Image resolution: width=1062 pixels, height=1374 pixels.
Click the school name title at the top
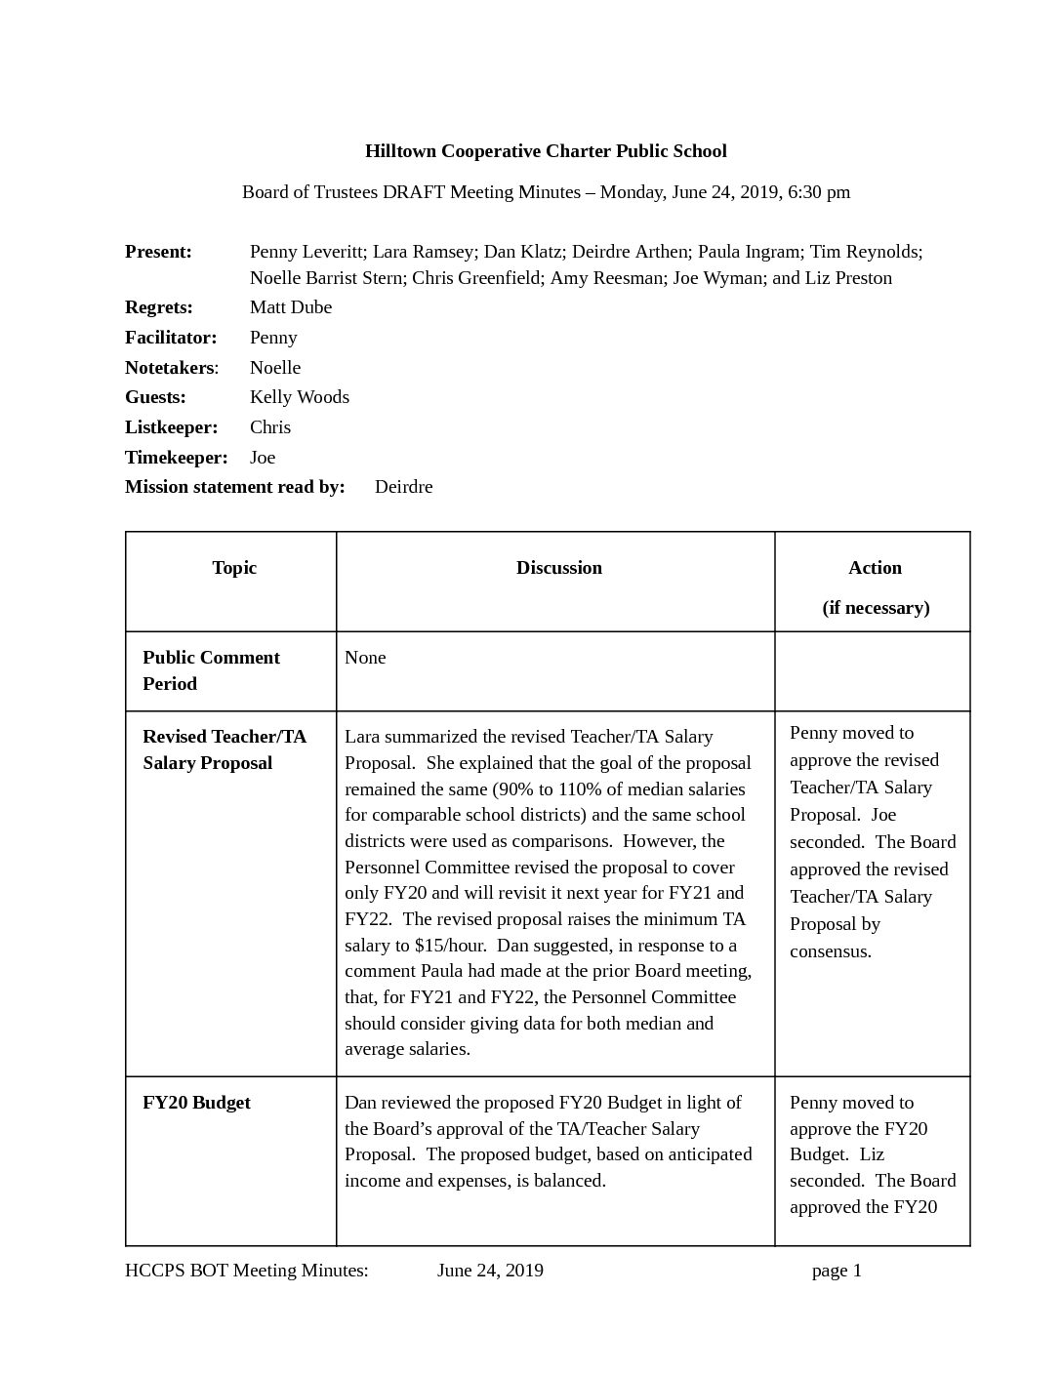[546, 151]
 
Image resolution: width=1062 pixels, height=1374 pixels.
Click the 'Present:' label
[158, 252]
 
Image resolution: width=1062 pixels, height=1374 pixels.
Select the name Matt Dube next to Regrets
[291, 307]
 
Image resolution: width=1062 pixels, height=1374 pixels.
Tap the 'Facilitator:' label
[171, 338]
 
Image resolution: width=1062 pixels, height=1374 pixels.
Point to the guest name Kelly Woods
[300, 397]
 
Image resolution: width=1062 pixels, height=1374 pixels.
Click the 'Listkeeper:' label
[171, 427]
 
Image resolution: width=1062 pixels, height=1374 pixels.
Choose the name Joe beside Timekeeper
[263, 458]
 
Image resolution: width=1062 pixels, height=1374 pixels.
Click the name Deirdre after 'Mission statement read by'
[403, 487]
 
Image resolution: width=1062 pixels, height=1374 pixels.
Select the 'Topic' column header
[234, 568]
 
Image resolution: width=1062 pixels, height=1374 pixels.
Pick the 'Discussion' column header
[559, 568]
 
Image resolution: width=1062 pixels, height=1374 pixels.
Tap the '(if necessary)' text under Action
[876, 608]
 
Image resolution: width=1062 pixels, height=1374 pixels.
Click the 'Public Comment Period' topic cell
[211, 670]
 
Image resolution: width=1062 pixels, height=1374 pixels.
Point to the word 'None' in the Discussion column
[365, 658]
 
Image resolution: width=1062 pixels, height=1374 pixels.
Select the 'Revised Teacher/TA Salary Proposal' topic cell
[225, 749]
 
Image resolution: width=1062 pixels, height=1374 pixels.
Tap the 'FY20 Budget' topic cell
[196, 1103]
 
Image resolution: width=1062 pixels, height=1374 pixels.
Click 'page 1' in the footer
[837, 1271]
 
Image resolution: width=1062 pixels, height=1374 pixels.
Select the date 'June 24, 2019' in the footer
[490, 1271]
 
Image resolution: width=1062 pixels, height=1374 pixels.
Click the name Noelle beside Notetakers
[275, 368]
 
